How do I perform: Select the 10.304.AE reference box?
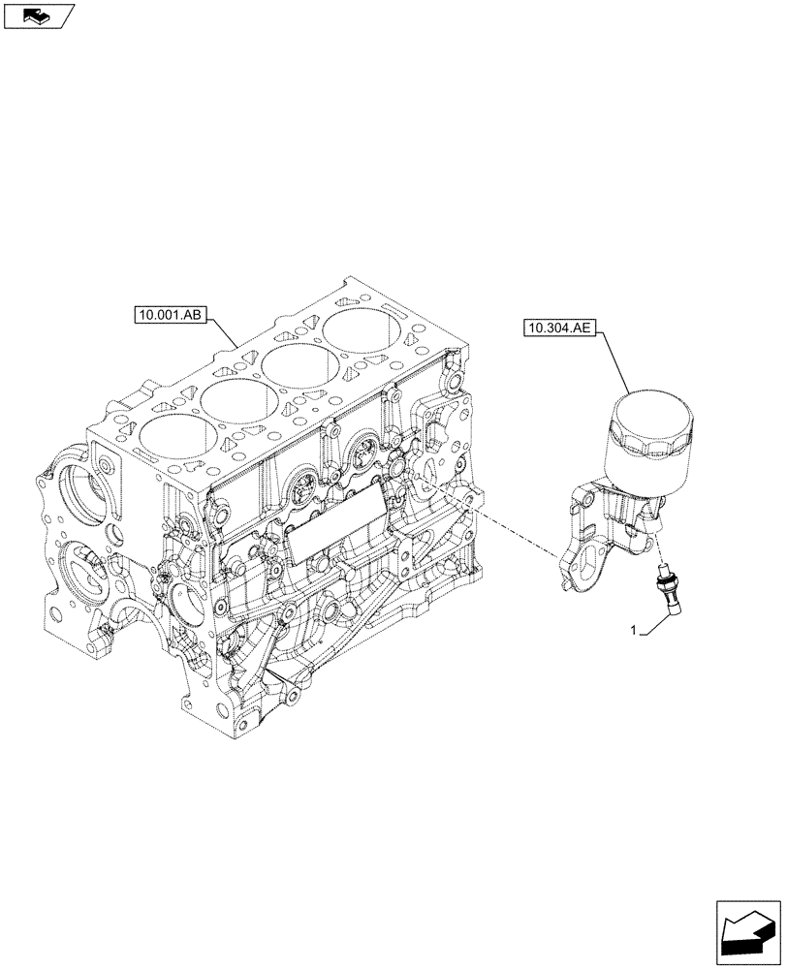(x=559, y=328)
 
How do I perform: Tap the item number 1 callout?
(x=633, y=630)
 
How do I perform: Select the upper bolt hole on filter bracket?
(x=581, y=499)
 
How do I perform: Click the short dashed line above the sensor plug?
(x=662, y=543)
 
